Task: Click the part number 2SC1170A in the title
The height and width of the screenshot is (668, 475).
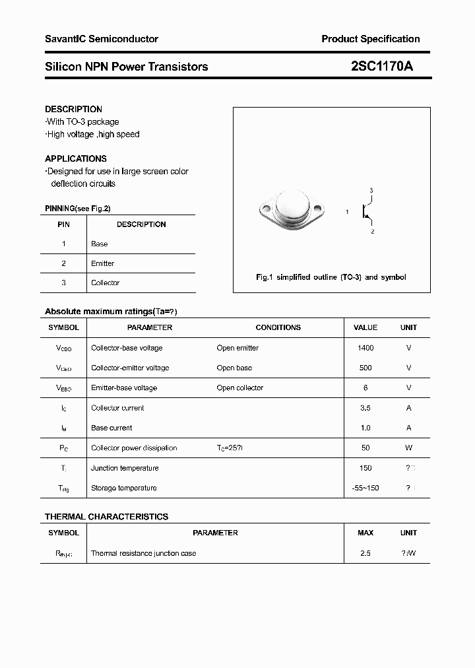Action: (x=381, y=66)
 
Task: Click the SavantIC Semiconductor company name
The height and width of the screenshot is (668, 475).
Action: (x=102, y=39)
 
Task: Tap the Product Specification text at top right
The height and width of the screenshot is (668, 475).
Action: (x=370, y=39)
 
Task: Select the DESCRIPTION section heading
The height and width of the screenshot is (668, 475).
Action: (x=73, y=109)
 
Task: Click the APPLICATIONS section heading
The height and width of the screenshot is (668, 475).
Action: (x=76, y=158)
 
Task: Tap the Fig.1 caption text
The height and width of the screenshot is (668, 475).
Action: (x=331, y=277)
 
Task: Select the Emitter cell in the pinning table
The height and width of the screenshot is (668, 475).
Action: (x=102, y=263)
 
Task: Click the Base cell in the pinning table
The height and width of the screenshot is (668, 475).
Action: (x=99, y=244)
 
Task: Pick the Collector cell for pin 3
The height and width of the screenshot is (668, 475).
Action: (x=105, y=283)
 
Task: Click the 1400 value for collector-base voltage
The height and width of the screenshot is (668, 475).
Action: (x=365, y=348)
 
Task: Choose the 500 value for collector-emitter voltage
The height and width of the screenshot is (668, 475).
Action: (x=365, y=368)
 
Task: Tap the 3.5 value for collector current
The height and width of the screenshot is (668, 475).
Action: (x=365, y=408)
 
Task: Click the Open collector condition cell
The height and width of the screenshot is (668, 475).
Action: (x=239, y=387)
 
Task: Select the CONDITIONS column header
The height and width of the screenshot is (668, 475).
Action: (x=278, y=327)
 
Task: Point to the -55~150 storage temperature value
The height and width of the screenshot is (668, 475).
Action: (x=365, y=488)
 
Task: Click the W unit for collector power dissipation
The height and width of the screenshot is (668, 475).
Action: (x=408, y=448)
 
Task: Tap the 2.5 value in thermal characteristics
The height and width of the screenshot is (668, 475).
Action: (x=365, y=553)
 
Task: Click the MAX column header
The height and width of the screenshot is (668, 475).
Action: (x=365, y=533)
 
